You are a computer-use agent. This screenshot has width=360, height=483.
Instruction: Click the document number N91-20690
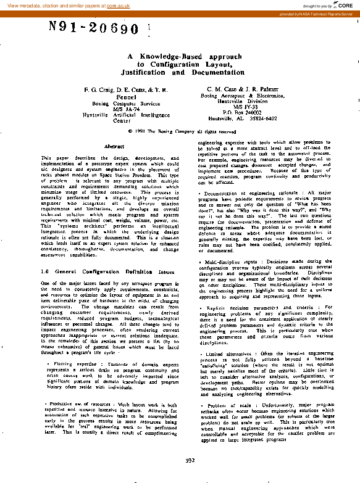[x=93, y=28]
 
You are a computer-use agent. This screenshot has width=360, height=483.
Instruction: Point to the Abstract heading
[x=115, y=146]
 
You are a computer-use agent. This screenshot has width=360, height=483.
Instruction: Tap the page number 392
[x=190, y=460]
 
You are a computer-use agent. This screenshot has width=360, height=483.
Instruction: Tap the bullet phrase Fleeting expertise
[x=70, y=364]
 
